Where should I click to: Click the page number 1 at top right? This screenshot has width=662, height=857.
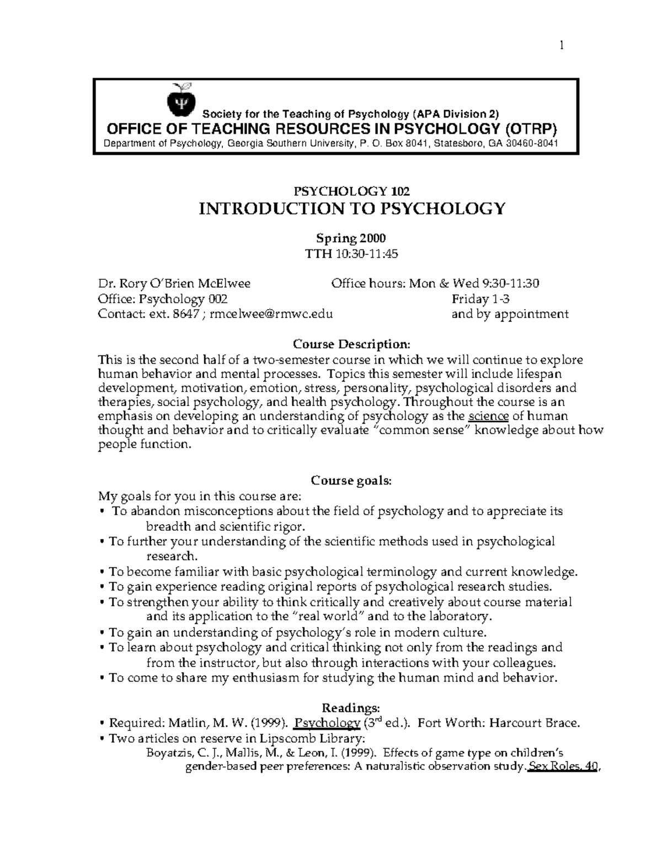(561, 46)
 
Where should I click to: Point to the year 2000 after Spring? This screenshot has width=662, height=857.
(373, 238)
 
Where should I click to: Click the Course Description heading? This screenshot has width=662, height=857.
(351, 344)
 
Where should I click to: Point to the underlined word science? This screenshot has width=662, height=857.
(487, 416)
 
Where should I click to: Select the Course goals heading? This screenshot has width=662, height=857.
(351, 480)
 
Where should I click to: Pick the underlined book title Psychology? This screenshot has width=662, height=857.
(327, 723)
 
